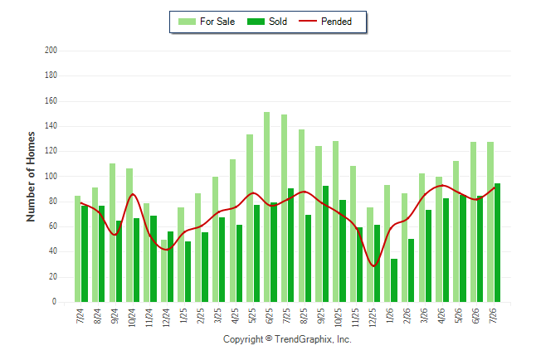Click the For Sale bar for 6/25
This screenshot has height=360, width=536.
click(x=266, y=207)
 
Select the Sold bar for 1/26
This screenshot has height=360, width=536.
click(x=394, y=280)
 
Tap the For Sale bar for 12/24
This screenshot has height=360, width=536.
click(x=163, y=270)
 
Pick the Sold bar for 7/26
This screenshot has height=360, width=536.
click(x=497, y=243)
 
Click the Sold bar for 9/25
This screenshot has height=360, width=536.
click(x=325, y=244)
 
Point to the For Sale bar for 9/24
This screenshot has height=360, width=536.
click(x=113, y=232)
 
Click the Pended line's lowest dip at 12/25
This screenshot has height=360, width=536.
click(x=374, y=266)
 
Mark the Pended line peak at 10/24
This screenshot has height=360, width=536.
click(x=133, y=194)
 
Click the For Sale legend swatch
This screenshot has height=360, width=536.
click(x=187, y=22)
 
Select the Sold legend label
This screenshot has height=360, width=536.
click(x=278, y=22)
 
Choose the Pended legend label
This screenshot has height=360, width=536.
click(x=336, y=22)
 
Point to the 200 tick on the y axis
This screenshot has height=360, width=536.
click(x=51, y=51)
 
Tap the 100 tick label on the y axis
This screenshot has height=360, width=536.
click(x=51, y=177)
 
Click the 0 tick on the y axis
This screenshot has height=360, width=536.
click(x=55, y=302)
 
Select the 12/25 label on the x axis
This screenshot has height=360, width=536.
click(x=373, y=318)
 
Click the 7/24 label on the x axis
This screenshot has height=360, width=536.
click(x=80, y=316)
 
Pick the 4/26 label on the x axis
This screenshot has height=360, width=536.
click(x=441, y=316)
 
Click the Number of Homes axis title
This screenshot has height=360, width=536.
click(x=31, y=177)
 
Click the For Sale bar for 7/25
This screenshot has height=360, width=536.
click(x=284, y=208)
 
